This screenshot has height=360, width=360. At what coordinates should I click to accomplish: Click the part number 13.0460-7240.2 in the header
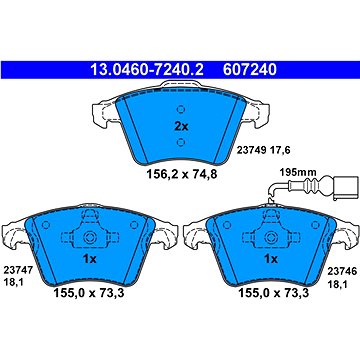point(146,70)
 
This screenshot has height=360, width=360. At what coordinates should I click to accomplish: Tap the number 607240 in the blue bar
point(250,70)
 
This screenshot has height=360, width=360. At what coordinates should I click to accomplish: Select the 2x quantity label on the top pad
point(182,127)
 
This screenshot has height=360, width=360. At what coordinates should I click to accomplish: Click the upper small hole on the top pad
point(181,109)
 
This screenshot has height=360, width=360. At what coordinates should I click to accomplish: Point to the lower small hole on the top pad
point(181,142)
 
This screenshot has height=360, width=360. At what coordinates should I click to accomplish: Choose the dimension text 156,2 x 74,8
point(182,174)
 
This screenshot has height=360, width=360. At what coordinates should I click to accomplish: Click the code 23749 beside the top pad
point(251,151)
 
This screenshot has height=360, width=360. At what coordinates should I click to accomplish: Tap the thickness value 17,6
point(281,151)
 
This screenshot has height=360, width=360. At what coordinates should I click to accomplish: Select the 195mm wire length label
point(296,173)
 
